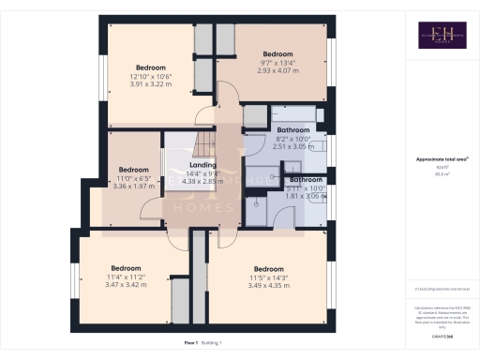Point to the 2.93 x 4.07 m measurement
pos(278,70)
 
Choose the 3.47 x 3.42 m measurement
pos(126,283)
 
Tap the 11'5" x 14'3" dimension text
pos(268,277)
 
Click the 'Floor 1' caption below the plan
pos(191,344)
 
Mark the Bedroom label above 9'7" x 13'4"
pos(278,54)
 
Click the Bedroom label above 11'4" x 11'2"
pos(126,267)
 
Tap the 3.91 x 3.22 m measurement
pos(151,84)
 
